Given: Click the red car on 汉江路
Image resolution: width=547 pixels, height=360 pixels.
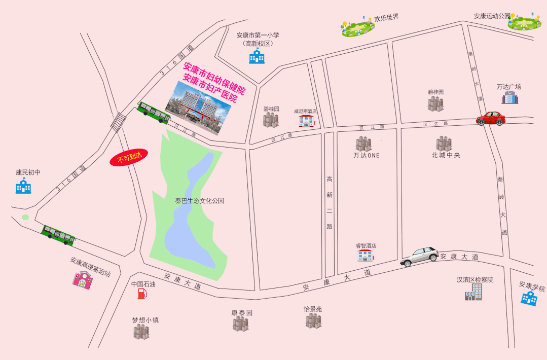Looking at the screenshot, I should click(490, 118).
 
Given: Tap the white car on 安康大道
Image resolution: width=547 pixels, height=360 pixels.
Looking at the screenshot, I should click(420, 257).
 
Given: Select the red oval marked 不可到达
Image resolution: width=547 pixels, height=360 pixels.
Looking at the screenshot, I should click(129, 158).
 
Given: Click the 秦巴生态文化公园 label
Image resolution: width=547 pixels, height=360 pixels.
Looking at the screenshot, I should click(199, 201).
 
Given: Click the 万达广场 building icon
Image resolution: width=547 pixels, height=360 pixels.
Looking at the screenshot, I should click(509, 97).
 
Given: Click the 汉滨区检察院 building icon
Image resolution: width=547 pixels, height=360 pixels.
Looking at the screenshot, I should click(473, 292).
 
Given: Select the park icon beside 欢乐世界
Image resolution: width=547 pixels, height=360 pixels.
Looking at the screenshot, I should click(359, 26).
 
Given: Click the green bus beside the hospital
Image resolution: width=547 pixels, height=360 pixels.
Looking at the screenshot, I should click(154, 112).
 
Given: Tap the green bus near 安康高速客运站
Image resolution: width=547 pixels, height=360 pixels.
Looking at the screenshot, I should click(58, 235).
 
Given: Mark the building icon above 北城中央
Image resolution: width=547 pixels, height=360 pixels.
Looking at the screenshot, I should click(444, 143).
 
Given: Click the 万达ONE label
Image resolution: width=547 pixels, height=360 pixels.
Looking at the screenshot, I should click(366, 156).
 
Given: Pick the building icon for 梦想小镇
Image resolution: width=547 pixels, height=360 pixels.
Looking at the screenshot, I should click(141, 332).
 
